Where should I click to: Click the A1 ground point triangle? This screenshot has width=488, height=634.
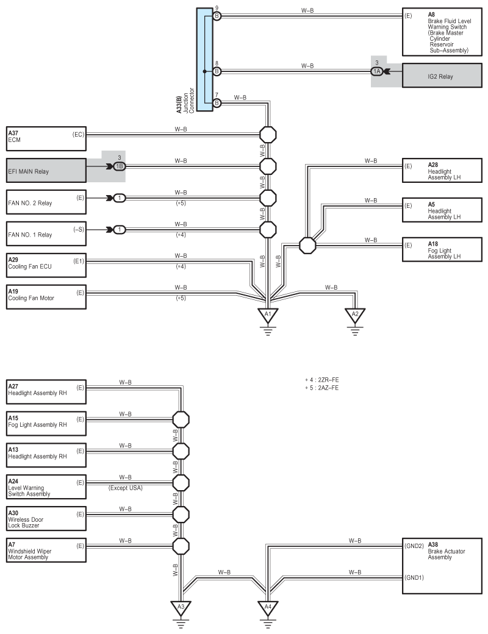(267, 315)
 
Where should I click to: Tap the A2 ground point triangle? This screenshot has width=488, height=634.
(355, 315)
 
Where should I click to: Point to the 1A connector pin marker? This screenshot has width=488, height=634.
(377, 71)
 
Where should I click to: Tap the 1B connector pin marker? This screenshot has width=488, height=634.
(120, 166)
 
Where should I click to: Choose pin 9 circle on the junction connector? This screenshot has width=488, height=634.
(217, 16)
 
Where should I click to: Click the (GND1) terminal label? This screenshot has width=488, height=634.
(414, 577)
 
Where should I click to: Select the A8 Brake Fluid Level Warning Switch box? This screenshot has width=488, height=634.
(444, 32)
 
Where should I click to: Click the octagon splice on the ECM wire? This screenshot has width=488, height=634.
(268, 134)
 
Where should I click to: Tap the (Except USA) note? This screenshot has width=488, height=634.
(126, 488)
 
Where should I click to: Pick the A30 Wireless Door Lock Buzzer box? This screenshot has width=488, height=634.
(46, 519)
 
